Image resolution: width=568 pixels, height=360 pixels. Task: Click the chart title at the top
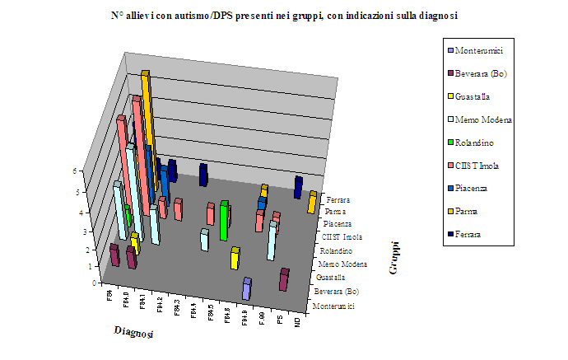(284, 15)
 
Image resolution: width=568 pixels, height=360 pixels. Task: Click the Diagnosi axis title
(132, 330)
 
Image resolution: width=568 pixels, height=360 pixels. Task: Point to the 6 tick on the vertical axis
(99, 171)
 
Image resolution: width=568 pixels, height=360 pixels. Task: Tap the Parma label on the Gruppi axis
(335, 211)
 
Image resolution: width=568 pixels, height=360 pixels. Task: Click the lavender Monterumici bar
(246, 289)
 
